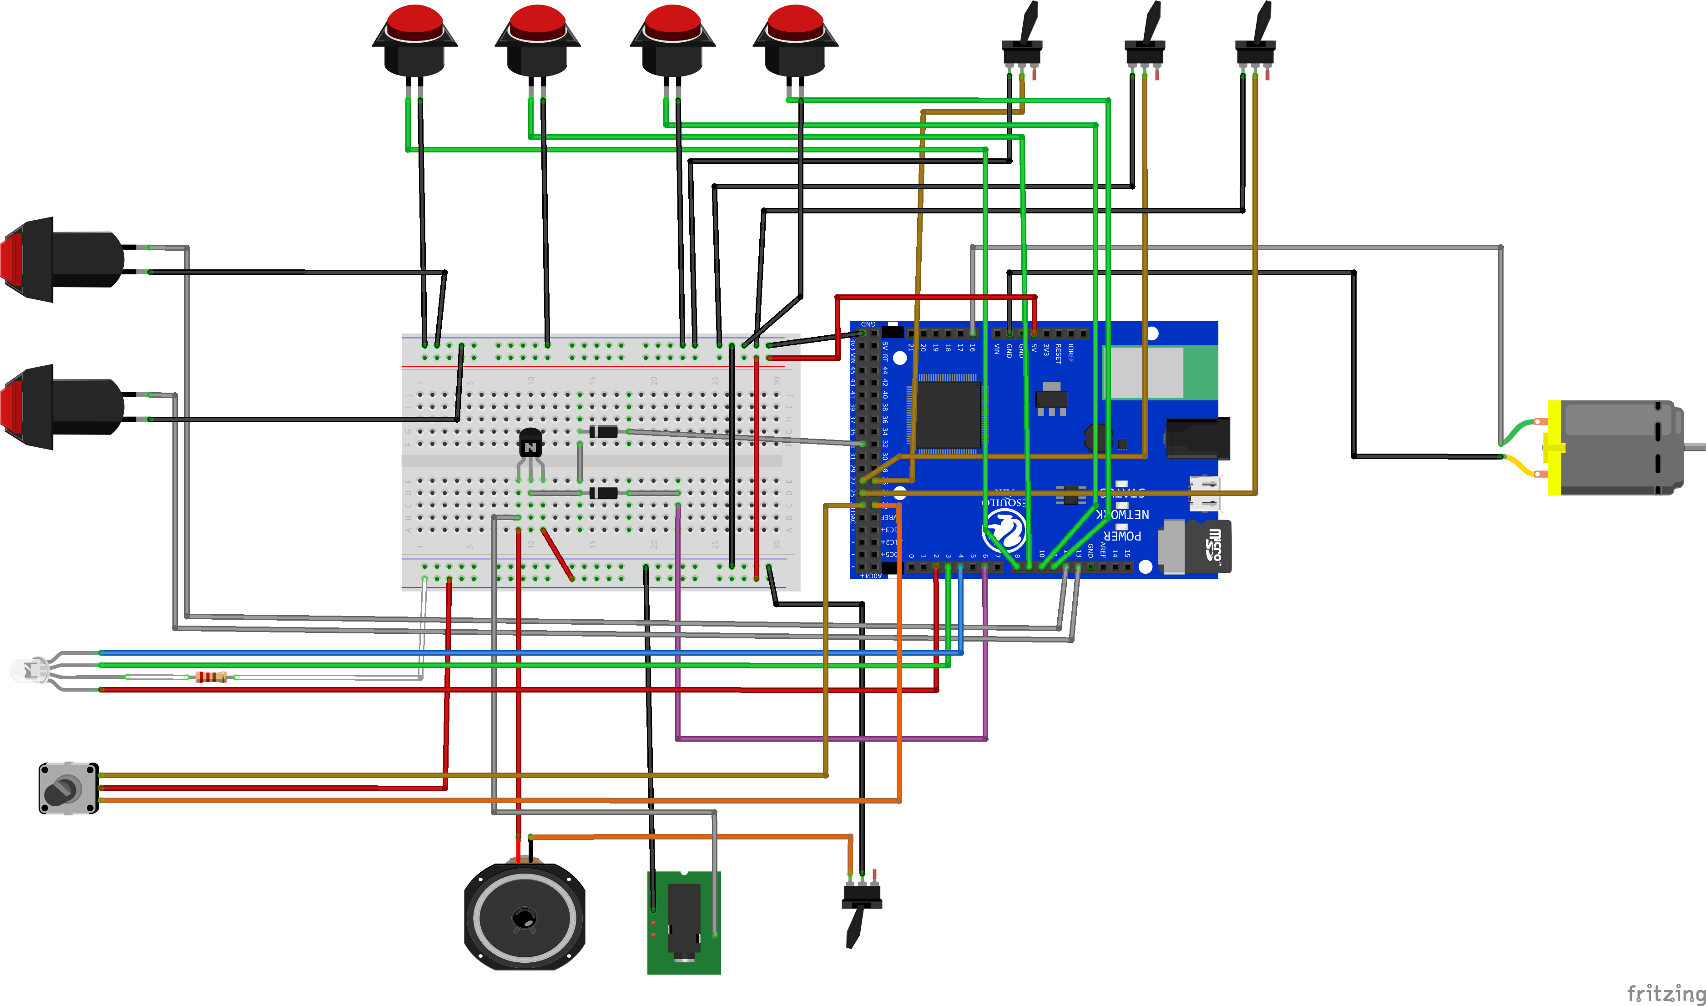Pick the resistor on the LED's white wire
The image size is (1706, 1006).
click(211, 677)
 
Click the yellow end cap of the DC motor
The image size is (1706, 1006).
click(1554, 447)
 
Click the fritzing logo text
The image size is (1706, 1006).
click(1666, 993)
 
